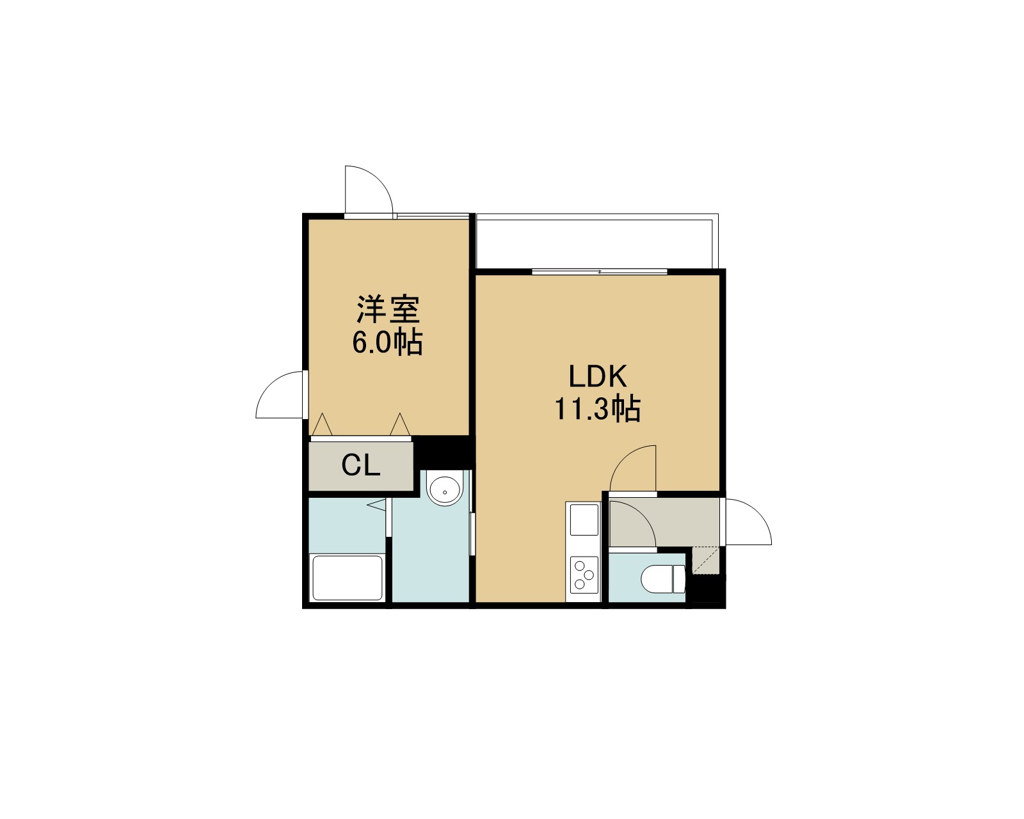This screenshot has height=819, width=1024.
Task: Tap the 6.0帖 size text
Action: [387, 342]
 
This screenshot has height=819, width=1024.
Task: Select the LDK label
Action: [598, 376]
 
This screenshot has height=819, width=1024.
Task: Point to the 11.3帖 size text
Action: [597, 408]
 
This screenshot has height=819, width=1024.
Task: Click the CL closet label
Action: [361, 465]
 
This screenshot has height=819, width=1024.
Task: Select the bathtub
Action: [348, 578]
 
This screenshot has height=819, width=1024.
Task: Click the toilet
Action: [663, 579]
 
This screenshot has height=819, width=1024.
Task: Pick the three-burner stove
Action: [584, 575]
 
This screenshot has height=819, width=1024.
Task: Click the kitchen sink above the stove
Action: [584, 519]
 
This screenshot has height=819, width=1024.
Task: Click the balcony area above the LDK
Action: [596, 241]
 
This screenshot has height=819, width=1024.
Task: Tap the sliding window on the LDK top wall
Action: [600, 272]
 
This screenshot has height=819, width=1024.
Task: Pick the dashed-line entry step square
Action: [705, 560]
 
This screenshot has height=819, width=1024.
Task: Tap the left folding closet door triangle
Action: [322, 424]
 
